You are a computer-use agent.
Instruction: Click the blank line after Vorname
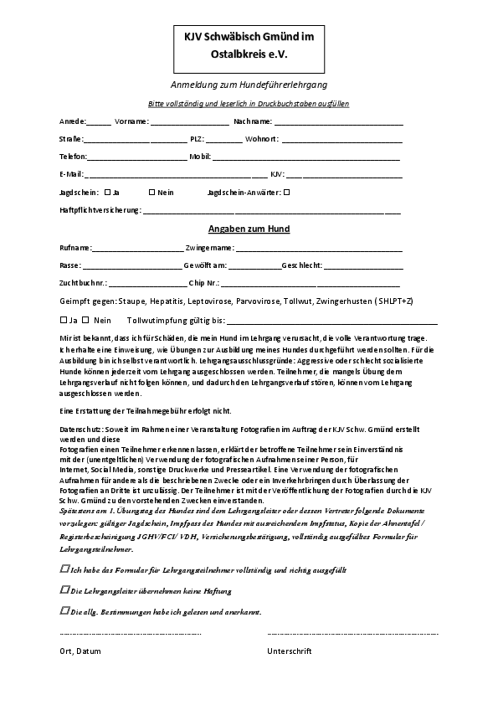click(183, 122)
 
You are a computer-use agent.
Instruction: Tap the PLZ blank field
click(223, 140)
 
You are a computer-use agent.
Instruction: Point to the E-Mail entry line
click(176, 175)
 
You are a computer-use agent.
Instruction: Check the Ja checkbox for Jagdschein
click(108, 192)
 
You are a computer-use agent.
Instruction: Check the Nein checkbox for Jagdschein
click(151, 192)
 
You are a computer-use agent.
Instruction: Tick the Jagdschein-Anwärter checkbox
click(287, 192)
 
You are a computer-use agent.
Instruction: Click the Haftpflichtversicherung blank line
click(271, 211)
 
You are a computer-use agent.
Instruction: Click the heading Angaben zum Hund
click(249, 229)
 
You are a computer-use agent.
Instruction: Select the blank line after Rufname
click(137, 249)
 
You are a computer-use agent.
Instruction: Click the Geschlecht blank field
click(363, 265)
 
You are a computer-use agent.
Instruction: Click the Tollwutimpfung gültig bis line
click(331, 321)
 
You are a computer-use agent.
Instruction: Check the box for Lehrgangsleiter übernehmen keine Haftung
click(65, 589)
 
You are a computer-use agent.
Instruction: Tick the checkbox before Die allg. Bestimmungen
click(65, 611)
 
